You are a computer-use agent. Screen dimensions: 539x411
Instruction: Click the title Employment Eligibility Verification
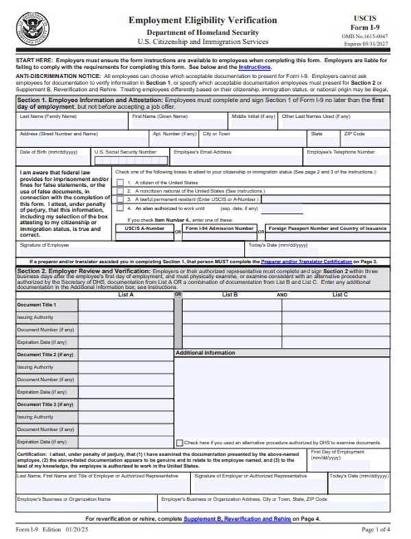click(x=203, y=21)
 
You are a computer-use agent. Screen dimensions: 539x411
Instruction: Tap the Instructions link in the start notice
click(x=254, y=68)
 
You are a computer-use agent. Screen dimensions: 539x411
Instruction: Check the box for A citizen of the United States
click(x=121, y=183)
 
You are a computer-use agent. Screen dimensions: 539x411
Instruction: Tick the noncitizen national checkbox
click(x=121, y=191)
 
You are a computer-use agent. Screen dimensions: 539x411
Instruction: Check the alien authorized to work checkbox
click(x=121, y=208)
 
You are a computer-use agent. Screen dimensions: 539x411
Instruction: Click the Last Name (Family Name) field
click(x=72, y=123)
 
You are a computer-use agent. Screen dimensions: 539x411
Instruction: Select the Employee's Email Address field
click(x=236, y=160)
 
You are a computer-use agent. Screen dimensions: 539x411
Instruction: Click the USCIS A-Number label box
click(x=145, y=228)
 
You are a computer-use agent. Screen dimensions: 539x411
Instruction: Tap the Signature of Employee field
click(x=130, y=249)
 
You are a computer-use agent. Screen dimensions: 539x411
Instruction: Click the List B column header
click(x=229, y=294)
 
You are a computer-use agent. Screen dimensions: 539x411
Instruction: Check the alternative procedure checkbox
click(x=179, y=443)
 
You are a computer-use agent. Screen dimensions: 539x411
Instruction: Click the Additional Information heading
click(x=206, y=353)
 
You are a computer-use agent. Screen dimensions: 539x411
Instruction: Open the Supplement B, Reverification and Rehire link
click(x=237, y=519)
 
